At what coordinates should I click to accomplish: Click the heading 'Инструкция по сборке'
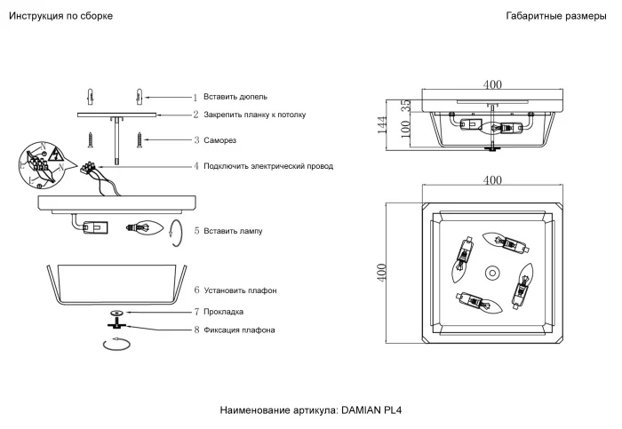60,17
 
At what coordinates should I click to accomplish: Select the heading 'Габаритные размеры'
557,17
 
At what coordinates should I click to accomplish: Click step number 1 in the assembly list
195,97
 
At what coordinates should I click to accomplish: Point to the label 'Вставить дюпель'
235,97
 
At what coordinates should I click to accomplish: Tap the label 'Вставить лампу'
233,231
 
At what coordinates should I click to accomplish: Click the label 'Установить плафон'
240,291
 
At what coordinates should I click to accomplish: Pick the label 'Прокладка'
224,312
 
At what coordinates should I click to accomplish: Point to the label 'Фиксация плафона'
239,330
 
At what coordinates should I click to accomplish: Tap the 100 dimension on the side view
406,129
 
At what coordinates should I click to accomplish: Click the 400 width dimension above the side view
492,85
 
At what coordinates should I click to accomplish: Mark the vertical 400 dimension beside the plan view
381,272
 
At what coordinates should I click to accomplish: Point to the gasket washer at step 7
116,313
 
